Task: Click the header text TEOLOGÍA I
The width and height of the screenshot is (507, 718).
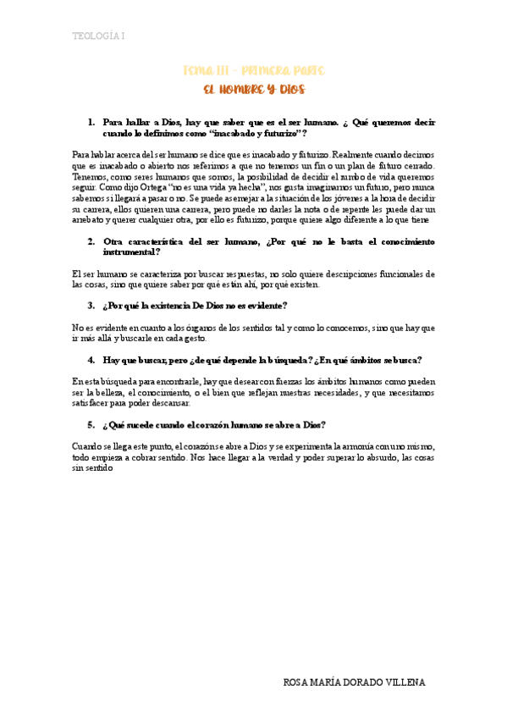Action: (98, 36)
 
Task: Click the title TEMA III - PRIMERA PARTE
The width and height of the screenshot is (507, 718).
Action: (254, 71)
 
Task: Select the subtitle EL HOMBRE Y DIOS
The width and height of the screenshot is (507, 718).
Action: (254, 89)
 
